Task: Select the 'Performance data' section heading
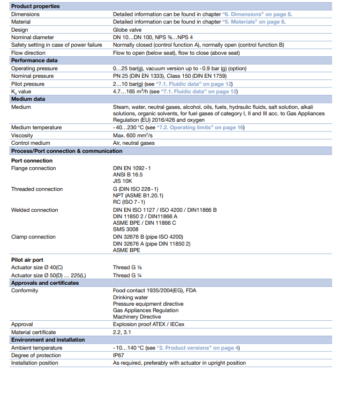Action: pos(34,61)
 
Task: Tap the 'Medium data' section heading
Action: pos(28,99)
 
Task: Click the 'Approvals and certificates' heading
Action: pos(45,283)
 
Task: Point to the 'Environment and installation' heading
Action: pos(48,339)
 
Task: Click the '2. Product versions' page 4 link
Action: pos(199,348)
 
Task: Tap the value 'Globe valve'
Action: pos(127,30)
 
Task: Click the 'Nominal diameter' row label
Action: pos(33,38)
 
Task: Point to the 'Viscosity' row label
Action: pos(22,136)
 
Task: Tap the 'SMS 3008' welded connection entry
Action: pos(126,229)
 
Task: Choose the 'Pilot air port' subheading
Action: pos(27,260)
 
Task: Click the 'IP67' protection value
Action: pos(118,356)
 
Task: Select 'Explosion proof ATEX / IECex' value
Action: pos(149,324)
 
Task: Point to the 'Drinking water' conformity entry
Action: pos(130,298)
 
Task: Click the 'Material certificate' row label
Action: pos(33,332)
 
